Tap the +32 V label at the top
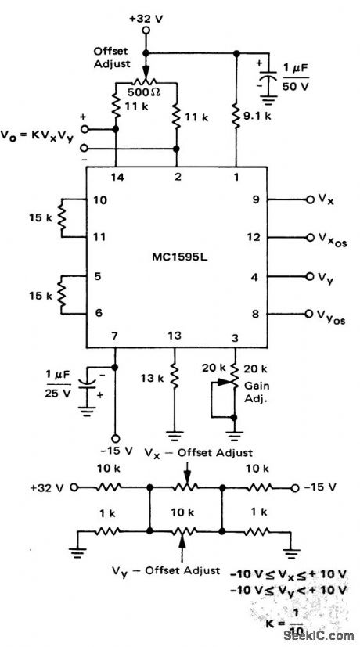pos(148,16)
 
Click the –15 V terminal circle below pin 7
pos(116,438)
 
